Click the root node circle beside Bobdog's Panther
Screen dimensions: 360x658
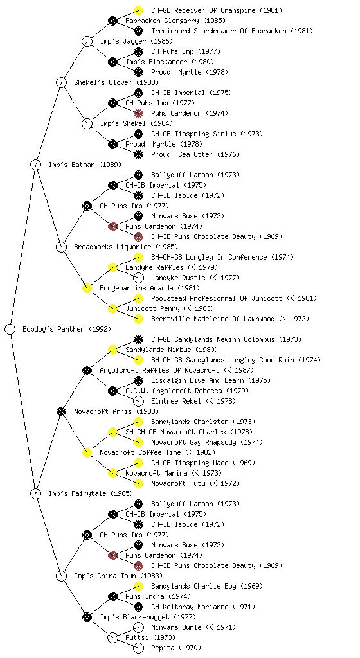pos(10,329)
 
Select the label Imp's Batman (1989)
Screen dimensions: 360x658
pos(85,164)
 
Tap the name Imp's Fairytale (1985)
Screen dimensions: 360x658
pos(91,493)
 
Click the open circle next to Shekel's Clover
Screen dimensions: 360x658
pos(61,82)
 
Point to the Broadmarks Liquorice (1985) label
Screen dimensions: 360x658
pos(126,247)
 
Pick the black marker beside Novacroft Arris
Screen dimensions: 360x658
pos(61,411)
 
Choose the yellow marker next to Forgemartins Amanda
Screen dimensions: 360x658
pos(87,288)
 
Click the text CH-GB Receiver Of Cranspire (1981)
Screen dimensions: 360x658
pos(217,10)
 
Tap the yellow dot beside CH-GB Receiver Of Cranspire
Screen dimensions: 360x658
pos(138,10)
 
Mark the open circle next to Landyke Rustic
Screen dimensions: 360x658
pos(138,278)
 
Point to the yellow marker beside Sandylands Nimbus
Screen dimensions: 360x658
pos(113,350)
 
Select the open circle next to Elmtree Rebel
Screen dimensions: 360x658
pos(138,401)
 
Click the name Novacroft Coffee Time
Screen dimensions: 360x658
pos(140,452)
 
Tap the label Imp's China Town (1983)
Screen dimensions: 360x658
pos(118,576)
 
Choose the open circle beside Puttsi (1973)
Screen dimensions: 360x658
pos(113,637)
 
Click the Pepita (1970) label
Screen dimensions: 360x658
pos(176,648)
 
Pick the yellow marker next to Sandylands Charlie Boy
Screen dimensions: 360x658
pos(138,586)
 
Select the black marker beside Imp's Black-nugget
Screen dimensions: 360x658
pos(87,617)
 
